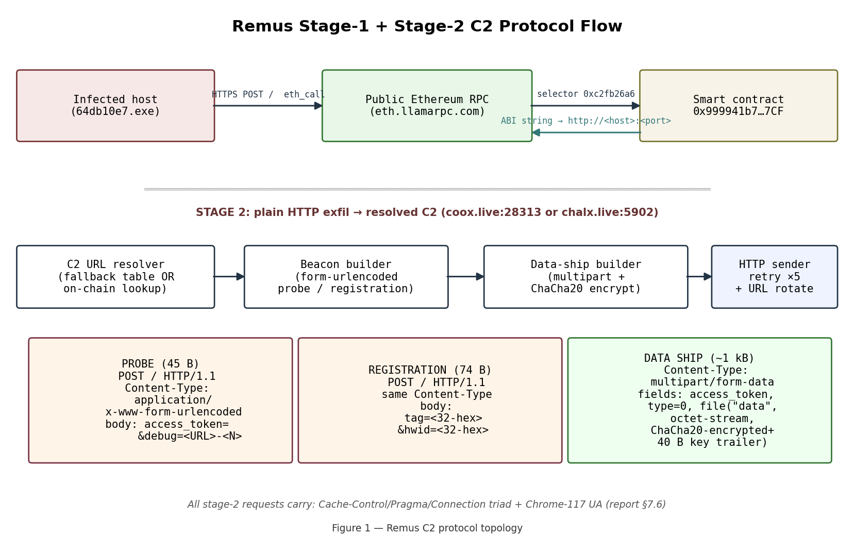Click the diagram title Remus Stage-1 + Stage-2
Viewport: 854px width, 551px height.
point(427,26)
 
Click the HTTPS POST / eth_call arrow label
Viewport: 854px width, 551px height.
point(268,95)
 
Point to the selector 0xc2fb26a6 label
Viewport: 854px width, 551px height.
point(585,94)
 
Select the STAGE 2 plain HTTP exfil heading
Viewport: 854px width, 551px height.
point(427,212)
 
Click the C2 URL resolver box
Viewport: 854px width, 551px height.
point(115,277)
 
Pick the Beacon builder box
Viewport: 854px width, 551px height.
point(346,277)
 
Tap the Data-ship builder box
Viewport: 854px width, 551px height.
point(585,277)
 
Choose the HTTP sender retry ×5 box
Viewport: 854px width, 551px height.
point(774,277)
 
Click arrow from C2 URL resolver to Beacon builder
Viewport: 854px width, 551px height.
point(229,277)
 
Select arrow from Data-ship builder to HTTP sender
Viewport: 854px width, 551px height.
point(699,277)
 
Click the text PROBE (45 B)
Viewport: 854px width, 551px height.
point(160,364)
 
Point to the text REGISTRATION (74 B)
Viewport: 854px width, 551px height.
point(430,370)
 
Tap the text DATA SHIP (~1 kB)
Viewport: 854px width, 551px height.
point(699,358)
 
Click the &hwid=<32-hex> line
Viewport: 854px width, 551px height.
point(443,430)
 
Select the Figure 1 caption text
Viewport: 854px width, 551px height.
point(427,528)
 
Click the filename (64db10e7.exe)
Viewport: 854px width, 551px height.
point(115,111)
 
